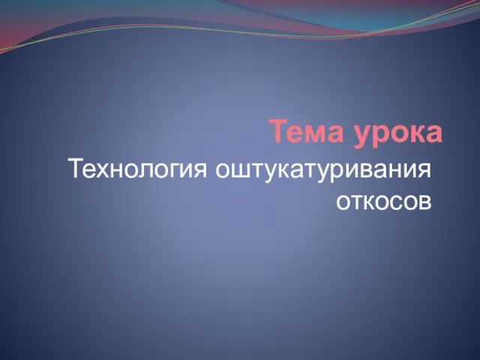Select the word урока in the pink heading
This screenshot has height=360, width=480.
tap(398, 134)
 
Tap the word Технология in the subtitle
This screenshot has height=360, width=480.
tap(139, 169)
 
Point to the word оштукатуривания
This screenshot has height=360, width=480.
tap(323, 169)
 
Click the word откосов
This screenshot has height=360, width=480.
tap(383, 202)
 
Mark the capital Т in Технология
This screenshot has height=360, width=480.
tap(79, 168)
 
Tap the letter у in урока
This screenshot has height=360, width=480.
tap(363, 136)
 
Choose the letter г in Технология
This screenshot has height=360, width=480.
tap(172, 170)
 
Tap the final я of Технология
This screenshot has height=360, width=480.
tap(200, 170)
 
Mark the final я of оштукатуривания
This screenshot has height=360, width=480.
tap(424, 170)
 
